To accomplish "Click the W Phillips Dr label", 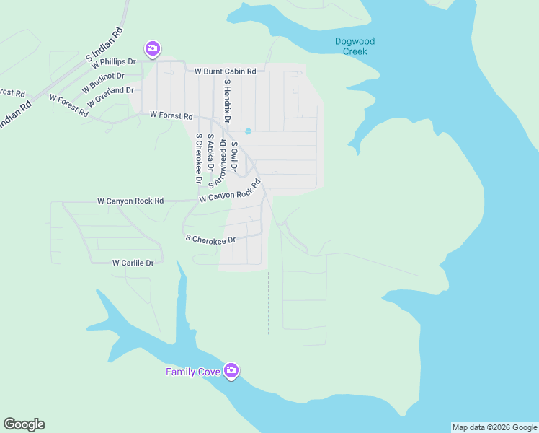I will pos(113,62).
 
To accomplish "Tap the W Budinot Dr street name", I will pos(103,80).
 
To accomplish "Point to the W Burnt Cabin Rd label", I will pos(226,71).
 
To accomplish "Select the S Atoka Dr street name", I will pos(210,152).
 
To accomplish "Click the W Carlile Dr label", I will pos(133,263).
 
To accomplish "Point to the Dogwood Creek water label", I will pos(355,46).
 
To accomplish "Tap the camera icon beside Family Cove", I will pos(231,372).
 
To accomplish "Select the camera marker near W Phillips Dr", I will pos(152,49).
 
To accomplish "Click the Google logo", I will pos(24,424).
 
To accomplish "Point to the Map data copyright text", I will pos(494,427).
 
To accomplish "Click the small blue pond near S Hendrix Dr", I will pos(248,131).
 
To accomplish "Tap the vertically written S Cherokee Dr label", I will pos(198,159).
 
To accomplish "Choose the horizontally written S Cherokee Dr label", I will pos(210,239).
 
